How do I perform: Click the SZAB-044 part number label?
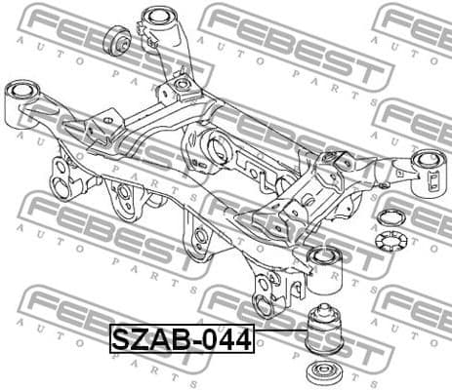(181, 339)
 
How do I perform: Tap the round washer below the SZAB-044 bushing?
(322, 373)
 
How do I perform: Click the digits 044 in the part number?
(226, 339)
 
